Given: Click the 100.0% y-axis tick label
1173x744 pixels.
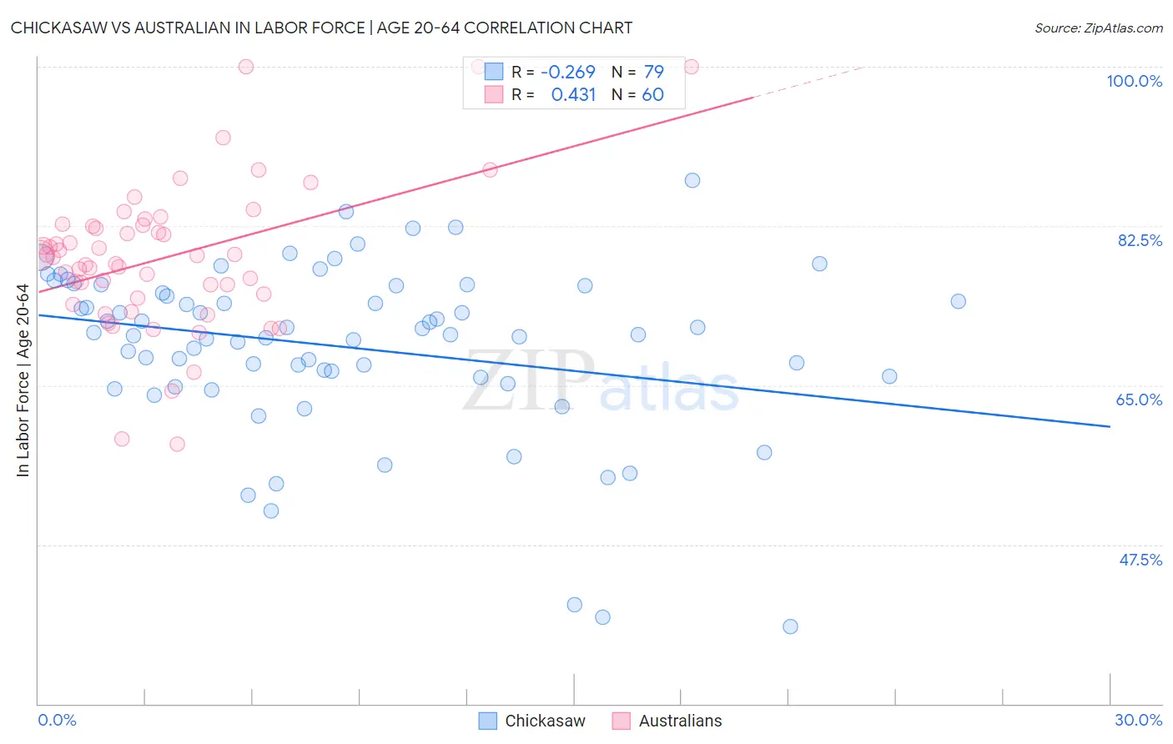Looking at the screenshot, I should tap(1134, 81).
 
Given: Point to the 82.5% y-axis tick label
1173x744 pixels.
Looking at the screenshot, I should tap(1140, 240).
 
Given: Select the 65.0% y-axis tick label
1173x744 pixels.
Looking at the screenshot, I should tap(1139, 400).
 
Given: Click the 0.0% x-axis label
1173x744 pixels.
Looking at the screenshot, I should tap(57, 720).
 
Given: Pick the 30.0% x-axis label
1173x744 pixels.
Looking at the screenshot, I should tap(1138, 720).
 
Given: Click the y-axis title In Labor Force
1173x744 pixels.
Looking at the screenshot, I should tap(23, 380).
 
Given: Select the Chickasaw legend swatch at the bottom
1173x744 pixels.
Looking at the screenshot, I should tap(488, 721).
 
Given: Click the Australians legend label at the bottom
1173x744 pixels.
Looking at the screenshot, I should tap(680, 721).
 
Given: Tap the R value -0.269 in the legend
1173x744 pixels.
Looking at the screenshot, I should tap(568, 72).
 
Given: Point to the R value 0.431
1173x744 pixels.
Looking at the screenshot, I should tap(573, 95).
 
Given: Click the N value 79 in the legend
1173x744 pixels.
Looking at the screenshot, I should tap(653, 72).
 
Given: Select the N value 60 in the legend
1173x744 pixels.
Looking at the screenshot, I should tap(652, 95).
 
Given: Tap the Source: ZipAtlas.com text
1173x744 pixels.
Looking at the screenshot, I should tap(1098, 28).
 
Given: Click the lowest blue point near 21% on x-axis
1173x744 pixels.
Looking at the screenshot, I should tap(790, 626).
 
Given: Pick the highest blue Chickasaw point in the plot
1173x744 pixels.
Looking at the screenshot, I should tap(692, 180).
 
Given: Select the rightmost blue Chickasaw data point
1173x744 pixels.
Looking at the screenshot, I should tap(958, 301).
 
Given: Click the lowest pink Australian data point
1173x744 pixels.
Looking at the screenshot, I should tap(177, 444).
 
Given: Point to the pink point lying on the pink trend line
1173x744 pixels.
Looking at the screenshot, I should tap(490, 169).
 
